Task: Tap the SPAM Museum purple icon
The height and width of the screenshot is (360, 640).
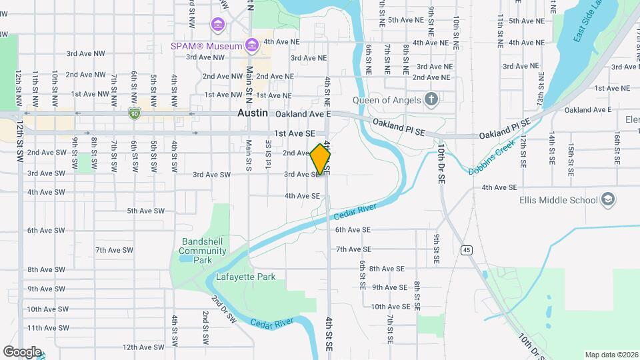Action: click(251, 46)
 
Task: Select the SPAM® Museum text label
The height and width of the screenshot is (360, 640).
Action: click(205, 47)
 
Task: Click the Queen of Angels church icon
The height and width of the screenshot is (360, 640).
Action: click(431, 100)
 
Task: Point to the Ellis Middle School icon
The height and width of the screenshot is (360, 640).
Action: click(607, 199)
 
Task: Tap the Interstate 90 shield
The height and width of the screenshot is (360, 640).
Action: click(134, 114)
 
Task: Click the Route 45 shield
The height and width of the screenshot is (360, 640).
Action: click(467, 250)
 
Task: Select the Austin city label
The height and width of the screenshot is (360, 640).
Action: click(253, 114)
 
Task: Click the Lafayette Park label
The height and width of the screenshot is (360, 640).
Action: click(245, 277)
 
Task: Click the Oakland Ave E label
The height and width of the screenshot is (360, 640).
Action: click(303, 114)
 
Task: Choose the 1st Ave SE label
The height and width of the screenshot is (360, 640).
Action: click(294, 133)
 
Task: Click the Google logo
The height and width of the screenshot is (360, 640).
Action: click(22, 351)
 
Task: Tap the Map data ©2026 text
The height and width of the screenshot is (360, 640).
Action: click(611, 355)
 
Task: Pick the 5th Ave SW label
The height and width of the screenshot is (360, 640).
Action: click(145, 211)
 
